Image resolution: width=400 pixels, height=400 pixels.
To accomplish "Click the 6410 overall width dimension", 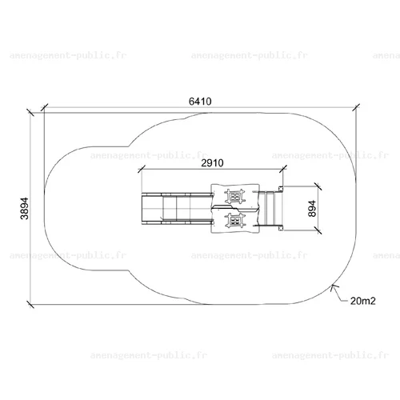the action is click(x=200, y=102).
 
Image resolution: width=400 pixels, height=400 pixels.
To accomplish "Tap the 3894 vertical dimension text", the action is click(x=25, y=209).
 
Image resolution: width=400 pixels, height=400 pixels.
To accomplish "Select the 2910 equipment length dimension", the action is click(x=212, y=163).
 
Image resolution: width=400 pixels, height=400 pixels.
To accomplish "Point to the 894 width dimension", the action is click(x=312, y=209).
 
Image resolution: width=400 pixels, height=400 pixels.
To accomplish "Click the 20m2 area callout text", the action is click(x=362, y=301).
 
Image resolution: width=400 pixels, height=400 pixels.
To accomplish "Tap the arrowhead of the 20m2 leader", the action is click(x=333, y=287).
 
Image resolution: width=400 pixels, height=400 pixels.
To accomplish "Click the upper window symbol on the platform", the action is click(x=235, y=197).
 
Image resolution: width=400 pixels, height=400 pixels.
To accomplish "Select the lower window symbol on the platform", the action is click(x=235, y=220).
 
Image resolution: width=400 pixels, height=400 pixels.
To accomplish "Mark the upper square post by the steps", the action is click(x=281, y=189).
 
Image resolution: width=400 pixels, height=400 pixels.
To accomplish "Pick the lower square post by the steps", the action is click(x=281, y=228).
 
